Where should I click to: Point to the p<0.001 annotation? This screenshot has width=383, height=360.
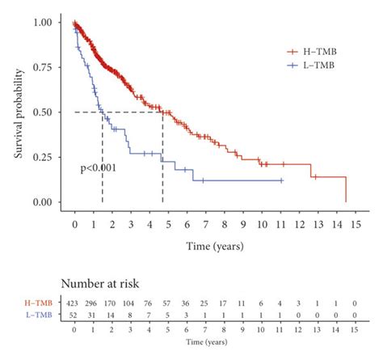[98, 167]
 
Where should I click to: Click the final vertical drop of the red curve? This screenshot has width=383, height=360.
[346, 190]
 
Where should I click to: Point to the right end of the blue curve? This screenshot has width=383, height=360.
[281, 180]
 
